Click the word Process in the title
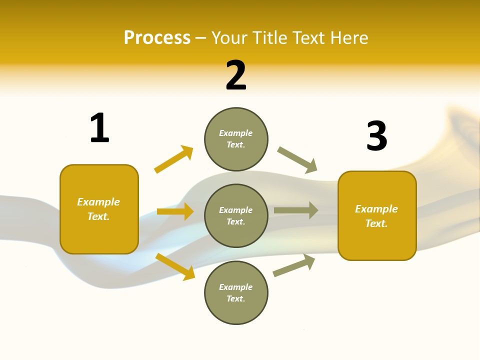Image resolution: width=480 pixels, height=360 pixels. [x=157, y=38]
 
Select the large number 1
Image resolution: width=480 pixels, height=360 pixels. [x=99, y=128]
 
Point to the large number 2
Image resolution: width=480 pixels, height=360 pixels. [x=236, y=75]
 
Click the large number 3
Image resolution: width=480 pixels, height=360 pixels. [x=376, y=136]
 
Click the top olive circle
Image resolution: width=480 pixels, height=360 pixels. [x=236, y=139]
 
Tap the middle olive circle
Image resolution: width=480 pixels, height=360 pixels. [x=236, y=215]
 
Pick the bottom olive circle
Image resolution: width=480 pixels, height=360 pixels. [x=236, y=292]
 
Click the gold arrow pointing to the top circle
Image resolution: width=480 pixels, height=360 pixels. [x=173, y=159]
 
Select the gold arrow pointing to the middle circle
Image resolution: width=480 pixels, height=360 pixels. [x=175, y=211]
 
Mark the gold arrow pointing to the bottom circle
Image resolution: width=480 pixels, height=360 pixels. [x=175, y=266]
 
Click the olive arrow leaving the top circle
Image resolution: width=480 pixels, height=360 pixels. [x=297, y=160]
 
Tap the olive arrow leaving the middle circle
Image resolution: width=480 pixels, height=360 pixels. [x=296, y=210]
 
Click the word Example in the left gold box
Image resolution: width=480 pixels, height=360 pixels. [x=98, y=202]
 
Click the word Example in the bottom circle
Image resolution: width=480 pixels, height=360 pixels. [x=236, y=287]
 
